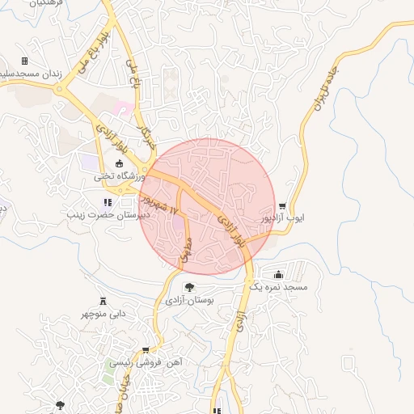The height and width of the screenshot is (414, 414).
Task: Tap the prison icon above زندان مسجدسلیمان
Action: click(24, 61)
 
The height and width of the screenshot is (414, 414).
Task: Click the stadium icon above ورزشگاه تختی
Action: click(120, 164)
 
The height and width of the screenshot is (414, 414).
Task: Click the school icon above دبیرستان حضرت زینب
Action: click(107, 202)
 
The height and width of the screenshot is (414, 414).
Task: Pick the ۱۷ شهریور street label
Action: click(159, 197)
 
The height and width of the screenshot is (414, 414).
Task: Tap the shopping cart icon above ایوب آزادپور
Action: click(281, 206)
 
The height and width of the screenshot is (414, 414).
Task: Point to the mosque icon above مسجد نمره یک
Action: click(279, 274)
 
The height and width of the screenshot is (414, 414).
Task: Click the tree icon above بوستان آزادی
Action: click(189, 286)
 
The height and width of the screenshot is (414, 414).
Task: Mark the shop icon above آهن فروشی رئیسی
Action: click(146, 350)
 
